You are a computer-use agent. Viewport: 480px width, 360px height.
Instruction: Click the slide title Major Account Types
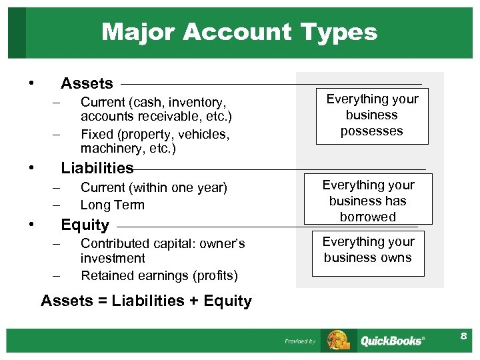click(239, 31)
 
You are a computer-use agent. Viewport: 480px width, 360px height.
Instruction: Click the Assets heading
click(87, 83)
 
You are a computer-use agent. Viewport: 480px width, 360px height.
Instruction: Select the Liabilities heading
click(97, 168)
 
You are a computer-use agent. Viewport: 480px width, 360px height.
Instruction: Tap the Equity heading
click(85, 225)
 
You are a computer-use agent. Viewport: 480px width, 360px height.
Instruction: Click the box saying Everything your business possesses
click(372, 115)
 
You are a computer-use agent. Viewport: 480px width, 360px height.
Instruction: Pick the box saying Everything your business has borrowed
click(368, 200)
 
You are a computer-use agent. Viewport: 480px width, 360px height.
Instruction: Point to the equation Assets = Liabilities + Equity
click(146, 301)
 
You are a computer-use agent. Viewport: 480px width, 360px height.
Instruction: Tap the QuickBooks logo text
click(392, 341)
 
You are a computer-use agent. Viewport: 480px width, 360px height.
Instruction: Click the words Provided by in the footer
click(300, 341)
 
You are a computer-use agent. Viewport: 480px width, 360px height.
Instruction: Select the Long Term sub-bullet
click(112, 205)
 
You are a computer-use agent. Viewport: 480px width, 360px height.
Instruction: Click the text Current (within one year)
click(153, 188)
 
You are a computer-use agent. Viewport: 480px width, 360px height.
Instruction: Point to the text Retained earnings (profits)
click(159, 275)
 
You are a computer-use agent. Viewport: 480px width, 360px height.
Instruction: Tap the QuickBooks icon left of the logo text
click(339, 340)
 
